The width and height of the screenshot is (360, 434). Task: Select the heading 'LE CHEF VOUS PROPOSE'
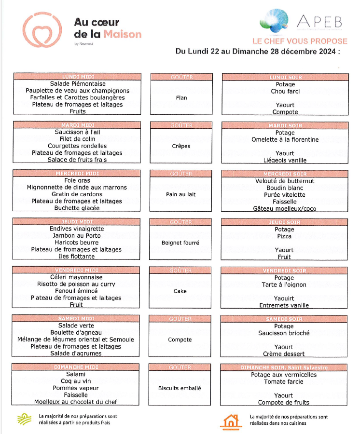pos(300,41)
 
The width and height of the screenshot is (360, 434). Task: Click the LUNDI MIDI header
pos(78,77)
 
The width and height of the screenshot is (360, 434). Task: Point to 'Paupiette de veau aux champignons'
pos(78,91)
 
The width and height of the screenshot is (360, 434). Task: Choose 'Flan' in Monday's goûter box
pos(181,98)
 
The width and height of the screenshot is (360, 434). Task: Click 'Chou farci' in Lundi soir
pos(285,91)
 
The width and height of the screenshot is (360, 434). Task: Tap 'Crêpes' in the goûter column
pos(181,146)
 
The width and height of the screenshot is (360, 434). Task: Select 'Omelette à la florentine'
pos(285,140)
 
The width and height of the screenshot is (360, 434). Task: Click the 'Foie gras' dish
pos(77,181)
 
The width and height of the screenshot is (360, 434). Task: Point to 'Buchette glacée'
pos(77,208)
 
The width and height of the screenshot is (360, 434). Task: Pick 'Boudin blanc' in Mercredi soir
pos(285,188)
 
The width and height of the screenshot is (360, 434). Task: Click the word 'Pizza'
pos(284,237)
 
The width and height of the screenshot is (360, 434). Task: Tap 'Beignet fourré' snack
pos(180,243)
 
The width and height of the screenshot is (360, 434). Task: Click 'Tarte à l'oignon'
pos(284,285)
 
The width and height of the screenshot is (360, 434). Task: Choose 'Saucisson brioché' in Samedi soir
pos(284,333)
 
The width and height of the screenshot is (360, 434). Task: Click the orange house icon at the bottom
pos(231,420)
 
